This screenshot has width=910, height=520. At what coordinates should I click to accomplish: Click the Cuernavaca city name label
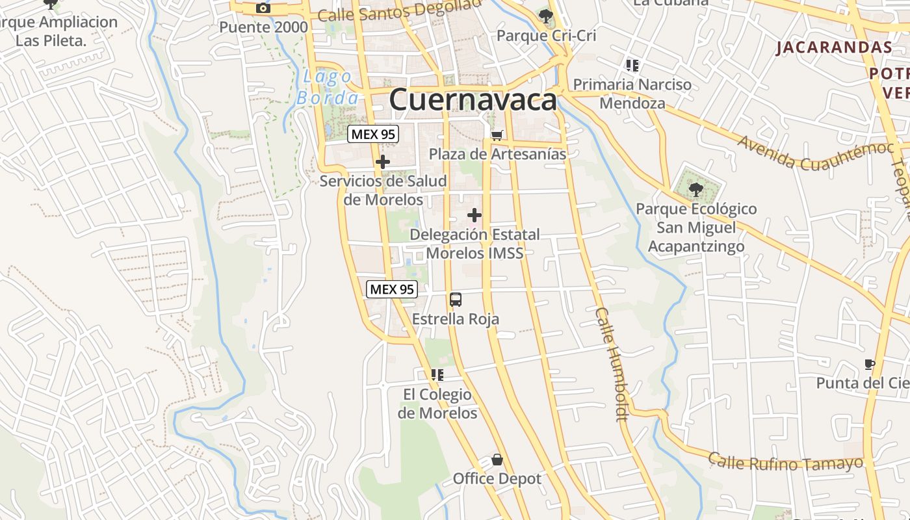point(473,100)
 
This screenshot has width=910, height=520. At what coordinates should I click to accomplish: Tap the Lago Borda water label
point(328,88)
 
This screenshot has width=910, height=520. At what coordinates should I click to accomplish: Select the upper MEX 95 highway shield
point(373,135)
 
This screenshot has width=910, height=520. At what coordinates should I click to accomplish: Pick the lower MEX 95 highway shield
point(391,289)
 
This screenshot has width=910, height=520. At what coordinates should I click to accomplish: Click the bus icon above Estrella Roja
point(456,300)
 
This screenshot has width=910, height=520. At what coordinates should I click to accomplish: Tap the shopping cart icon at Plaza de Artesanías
point(497,135)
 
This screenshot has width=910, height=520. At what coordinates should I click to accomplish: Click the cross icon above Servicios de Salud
point(383,162)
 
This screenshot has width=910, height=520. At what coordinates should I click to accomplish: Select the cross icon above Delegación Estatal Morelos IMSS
point(474,215)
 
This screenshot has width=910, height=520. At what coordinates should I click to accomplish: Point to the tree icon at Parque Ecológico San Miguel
point(696,190)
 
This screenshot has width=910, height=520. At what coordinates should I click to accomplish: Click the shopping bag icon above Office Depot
point(497,460)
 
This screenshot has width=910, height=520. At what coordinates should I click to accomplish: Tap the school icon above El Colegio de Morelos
point(437,375)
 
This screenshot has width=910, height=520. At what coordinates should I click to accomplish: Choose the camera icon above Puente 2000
point(263,8)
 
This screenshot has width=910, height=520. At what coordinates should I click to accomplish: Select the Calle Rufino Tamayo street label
point(785,463)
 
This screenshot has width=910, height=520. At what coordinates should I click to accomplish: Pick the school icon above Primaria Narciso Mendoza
point(632,65)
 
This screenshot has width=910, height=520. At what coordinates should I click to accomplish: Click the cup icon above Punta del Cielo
point(870,364)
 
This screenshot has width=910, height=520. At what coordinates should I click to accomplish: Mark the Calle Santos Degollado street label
point(400,11)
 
